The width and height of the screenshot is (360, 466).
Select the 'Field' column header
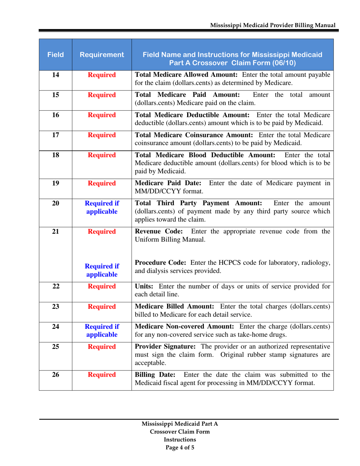pyautogui.click(x=55, y=55)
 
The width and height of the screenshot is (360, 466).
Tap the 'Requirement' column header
pyautogui.click(x=102, y=55)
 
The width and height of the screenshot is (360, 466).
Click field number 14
pyautogui.click(x=55, y=75)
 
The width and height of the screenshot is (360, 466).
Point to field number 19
pyautogui.click(x=55, y=184)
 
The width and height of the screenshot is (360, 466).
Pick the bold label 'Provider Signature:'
pyautogui.click(x=165, y=347)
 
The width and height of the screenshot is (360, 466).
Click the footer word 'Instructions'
pyautogui.click(x=180, y=439)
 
